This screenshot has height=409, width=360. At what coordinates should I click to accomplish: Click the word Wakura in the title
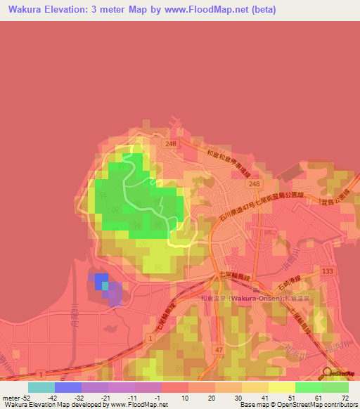pos(28,10)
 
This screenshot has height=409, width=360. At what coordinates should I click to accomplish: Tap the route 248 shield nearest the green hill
pos(170,143)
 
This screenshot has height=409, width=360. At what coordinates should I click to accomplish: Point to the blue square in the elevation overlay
pos(101,281)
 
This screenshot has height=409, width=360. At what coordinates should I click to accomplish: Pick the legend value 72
pos(345,397)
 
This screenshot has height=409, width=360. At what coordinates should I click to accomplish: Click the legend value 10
pos(186,397)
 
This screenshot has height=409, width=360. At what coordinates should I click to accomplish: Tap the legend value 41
pos(265,397)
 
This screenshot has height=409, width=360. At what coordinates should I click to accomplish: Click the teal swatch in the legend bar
pos(41,387)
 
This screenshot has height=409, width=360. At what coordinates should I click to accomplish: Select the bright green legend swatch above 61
pos(308,387)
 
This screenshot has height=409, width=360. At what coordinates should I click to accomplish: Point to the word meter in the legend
pos(10,397)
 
